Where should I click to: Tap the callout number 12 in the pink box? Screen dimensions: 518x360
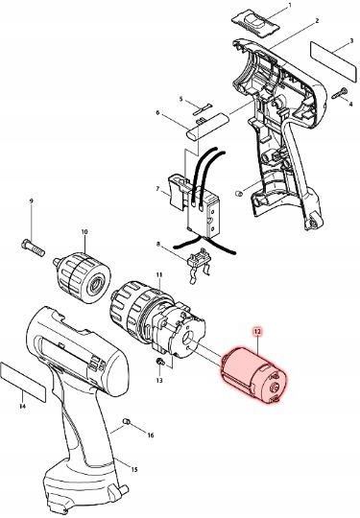(256, 330)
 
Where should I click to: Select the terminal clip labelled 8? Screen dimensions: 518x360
(203, 260)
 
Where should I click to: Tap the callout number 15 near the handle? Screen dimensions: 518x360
(134, 469)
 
